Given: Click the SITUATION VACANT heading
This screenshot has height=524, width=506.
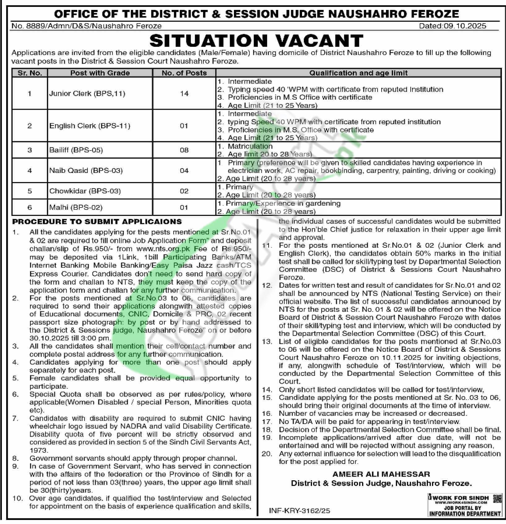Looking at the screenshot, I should tap(256, 41).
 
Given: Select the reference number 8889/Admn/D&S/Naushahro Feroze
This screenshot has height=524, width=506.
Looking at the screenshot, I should tap(87, 26).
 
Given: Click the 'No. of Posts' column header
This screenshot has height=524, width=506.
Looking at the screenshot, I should tap(184, 73).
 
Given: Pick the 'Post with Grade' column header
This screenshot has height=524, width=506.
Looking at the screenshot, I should tap(100, 73).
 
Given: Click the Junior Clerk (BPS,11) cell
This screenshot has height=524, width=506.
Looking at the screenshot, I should tap(87, 94).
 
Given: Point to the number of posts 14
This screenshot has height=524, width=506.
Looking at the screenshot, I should tap(184, 94).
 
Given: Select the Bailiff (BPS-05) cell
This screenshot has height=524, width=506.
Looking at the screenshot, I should tap(76, 150).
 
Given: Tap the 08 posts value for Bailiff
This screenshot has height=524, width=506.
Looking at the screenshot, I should tap(184, 150).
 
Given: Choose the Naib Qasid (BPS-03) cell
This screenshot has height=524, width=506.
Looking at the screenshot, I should tap(86, 171).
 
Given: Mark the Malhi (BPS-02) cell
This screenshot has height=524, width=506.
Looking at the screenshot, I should tap(76, 207).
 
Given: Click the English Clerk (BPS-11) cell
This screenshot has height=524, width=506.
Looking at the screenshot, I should tap(90, 126).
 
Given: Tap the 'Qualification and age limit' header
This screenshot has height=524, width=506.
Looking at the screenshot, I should tap(358, 73).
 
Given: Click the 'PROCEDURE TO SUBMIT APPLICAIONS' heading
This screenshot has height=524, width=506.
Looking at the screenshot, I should tap(97, 222).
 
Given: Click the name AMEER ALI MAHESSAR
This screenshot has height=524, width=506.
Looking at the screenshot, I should tap(381, 474).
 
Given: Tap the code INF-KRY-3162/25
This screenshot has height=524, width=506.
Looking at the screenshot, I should tap(300, 511).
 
